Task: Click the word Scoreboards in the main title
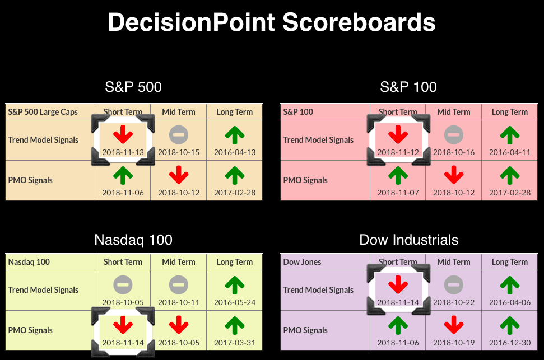(x=359, y=22)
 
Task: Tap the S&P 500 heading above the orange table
(x=133, y=87)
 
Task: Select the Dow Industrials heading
(x=408, y=240)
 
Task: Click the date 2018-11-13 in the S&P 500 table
(x=123, y=152)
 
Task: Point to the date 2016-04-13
(x=235, y=152)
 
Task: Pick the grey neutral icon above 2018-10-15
(x=179, y=134)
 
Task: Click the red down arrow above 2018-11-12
(x=398, y=134)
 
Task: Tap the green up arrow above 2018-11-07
(x=398, y=175)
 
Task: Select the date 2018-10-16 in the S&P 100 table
(x=454, y=152)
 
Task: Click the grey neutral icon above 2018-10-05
(x=123, y=285)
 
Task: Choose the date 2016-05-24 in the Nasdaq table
(x=235, y=302)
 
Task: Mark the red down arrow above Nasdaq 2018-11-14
(x=123, y=325)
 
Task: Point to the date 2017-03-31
(x=235, y=343)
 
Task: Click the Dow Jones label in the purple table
(x=302, y=262)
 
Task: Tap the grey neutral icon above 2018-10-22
(x=454, y=285)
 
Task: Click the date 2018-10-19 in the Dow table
(x=454, y=343)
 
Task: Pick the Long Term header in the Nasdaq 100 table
(x=235, y=262)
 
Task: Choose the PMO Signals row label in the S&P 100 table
(x=305, y=180)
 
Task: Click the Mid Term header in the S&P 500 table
(x=179, y=112)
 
